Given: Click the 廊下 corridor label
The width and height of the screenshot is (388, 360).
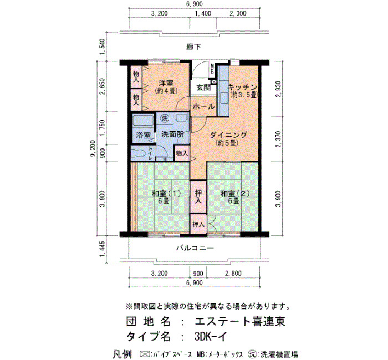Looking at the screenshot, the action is (193, 47).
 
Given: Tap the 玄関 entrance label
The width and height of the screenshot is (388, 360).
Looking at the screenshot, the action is (203, 88).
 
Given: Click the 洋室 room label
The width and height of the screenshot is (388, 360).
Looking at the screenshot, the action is (166, 83).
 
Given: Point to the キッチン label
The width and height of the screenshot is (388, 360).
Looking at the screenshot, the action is (242, 87).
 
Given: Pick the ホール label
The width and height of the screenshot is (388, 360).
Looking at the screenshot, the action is (203, 106).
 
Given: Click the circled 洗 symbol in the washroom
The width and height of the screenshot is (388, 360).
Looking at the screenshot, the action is (165, 119).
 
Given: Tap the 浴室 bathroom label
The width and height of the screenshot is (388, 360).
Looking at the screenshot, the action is (143, 135).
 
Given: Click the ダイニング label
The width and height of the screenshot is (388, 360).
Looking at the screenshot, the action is (228, 135).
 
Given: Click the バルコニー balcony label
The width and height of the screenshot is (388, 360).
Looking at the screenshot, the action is (195, 248).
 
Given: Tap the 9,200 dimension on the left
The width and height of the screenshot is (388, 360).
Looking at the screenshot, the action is (93, 148).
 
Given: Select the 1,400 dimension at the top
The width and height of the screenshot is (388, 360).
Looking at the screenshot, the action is (203, 13).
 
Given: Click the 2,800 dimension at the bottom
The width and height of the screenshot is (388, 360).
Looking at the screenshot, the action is (233, 274).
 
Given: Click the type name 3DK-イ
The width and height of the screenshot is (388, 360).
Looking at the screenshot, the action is (210, 336).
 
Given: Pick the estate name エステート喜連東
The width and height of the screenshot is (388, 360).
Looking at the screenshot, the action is (240, 321).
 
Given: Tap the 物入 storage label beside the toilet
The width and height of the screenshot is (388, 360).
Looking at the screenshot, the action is (182, 153).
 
